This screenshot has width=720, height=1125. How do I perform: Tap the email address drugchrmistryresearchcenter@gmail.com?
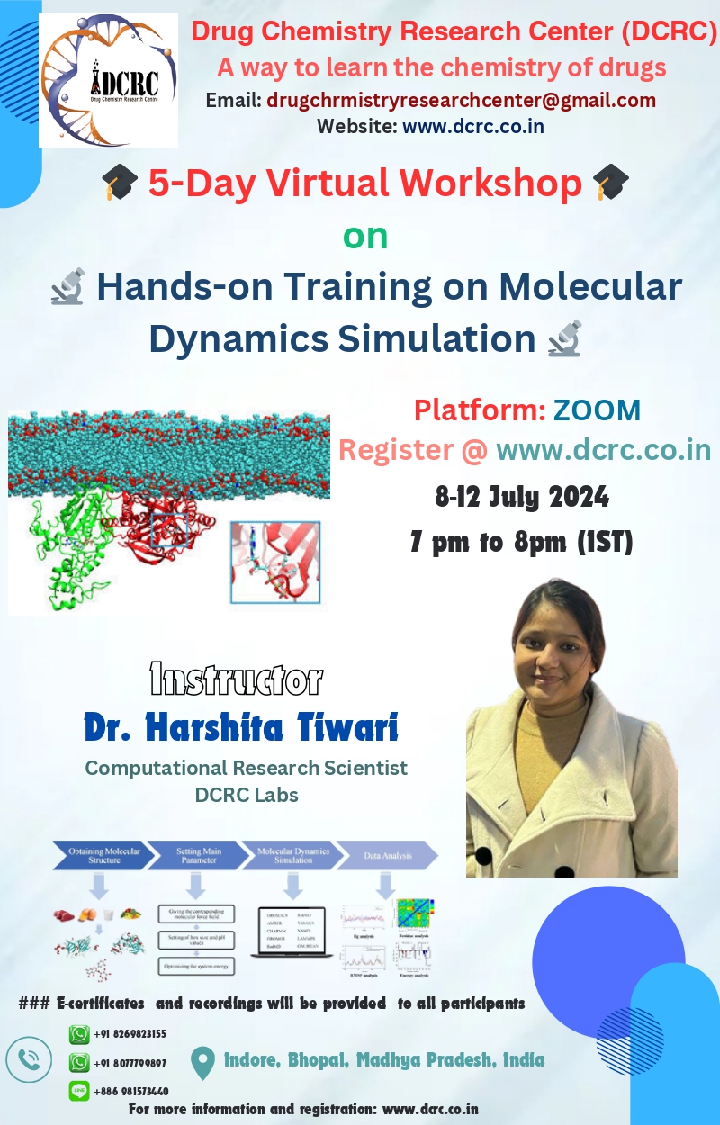pyautogui.click(x=461, y=101)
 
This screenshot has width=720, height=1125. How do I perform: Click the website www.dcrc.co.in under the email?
pyautogui.click(x=472, y=126)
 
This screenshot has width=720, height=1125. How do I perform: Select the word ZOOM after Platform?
pyautogui.click(x=597, y=410)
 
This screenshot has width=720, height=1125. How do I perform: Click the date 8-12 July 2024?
pyautogui.click(x=522, y=496)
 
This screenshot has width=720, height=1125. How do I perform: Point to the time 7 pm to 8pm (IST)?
pyautogui.click(x=522, y=543)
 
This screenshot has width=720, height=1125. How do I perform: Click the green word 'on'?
pyautogui.click(x=365, y=236)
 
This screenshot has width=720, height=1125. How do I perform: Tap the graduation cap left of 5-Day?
pyautogui.click(x=119, y=184)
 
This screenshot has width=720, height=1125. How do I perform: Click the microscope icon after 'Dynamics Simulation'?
pyautogui.click(x=564, y=340)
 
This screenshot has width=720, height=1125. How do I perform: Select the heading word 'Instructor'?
pyautogui.click(x=236, y=680)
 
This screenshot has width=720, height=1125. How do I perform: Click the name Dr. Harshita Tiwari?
pyautogui.click(x=241, y=727)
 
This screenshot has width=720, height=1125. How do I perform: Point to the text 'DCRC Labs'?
pyautogui.click(x=247, y=795)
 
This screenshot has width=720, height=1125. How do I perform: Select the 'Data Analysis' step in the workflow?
pyautogui.click(x=388, y=855)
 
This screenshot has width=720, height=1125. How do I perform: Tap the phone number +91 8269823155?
pyautogui.click(x=130, y=1034)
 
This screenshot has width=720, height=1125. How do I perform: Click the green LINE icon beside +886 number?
pyautogui.click(x=80, y=1091)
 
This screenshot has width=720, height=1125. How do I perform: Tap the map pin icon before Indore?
pyautogui.click(x=203, y=1062)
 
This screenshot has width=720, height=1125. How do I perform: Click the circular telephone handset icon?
pyautogui.click(x=29, y=1061)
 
